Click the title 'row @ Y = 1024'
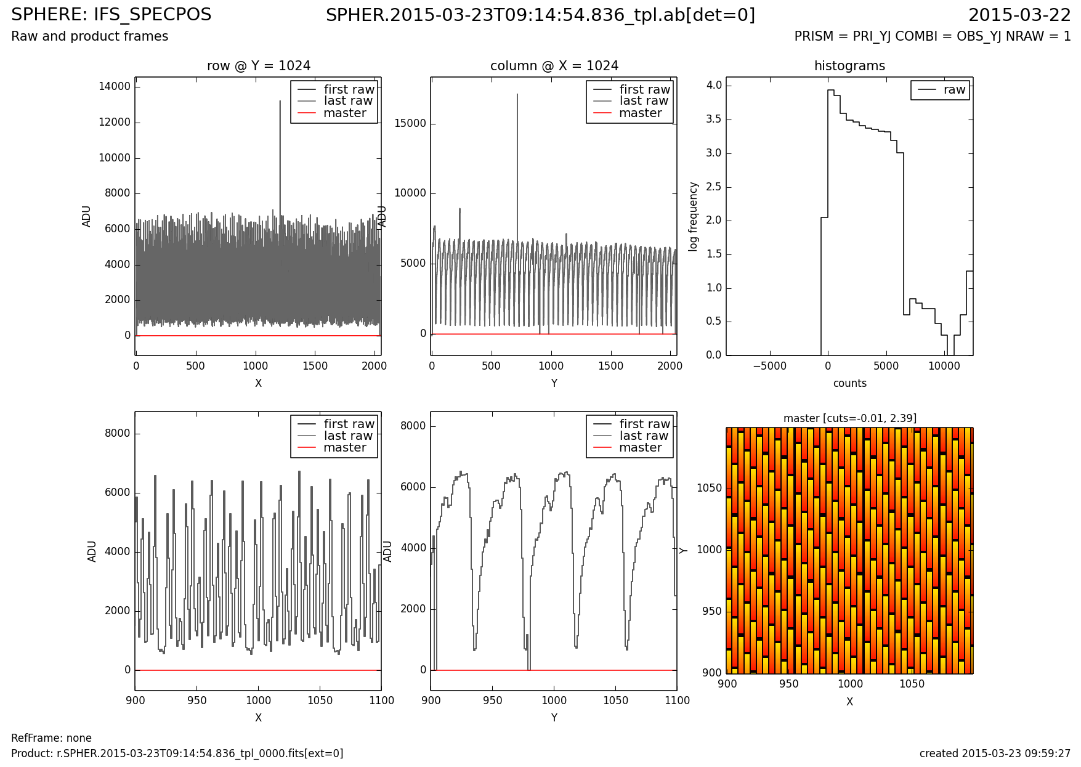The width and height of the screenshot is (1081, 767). click(x=258, y=66)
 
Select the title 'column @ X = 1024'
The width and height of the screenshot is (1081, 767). click(x=554, y=66)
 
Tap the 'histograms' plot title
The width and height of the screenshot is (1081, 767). click(x=849, y=66)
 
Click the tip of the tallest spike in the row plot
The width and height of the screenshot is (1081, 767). click(x=280, y=101)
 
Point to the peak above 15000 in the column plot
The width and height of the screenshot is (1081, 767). click(x=517, y=94)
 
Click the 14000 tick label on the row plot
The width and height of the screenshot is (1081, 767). click(x=115, y=86)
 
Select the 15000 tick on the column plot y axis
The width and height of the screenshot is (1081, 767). click(x=410, y=123)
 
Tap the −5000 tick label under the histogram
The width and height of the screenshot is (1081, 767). click(x=769, y=366)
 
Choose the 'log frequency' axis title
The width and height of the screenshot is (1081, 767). click(x=694, y=216)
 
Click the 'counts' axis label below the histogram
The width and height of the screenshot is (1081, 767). click(x=849, y=383)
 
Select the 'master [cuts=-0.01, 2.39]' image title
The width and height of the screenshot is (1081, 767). click(x=849, y=418)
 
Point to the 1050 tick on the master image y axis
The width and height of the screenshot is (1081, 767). click(x=708, y=489)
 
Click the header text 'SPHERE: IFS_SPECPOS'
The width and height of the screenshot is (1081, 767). click(x=111, y=15)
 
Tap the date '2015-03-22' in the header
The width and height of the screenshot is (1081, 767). click(x=1019, y=15)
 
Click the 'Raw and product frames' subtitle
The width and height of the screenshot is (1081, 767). click(x=90, y=36)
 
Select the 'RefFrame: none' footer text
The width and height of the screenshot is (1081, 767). click(x=52, y=738)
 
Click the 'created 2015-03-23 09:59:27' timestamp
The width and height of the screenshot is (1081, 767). click(x=995, y=753)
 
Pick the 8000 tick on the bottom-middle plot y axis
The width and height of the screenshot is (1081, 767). click(x=413, y=426)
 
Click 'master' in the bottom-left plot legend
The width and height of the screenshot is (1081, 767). click(x=344, y=448)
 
